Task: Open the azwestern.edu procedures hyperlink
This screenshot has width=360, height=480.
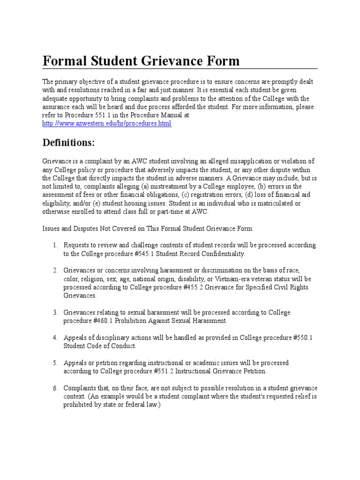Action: tap(107, 124)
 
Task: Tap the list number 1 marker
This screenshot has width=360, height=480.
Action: tap(54, 245)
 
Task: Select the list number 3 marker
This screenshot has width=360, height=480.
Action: tap(54, 312)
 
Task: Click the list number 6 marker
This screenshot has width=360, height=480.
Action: tap(54, 388)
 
